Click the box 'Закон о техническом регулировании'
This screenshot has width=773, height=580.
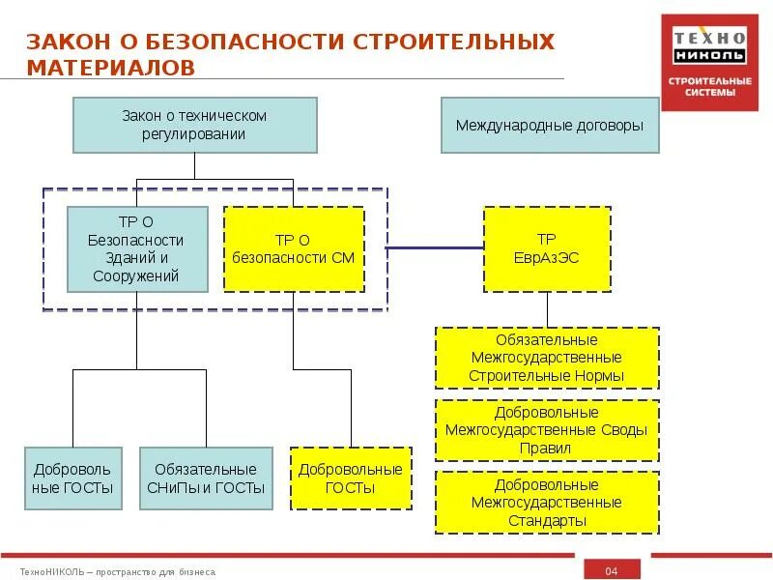click(x=194, y=125)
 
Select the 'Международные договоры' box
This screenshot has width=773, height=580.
click(x=550, y=125)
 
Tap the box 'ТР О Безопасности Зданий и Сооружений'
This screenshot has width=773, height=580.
click(x=136, y=248)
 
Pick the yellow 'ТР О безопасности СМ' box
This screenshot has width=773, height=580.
click(x=294, y=248)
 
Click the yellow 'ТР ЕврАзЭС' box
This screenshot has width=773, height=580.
click(x=547, y=248)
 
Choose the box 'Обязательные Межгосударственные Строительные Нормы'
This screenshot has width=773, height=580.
click(x=547, y=358)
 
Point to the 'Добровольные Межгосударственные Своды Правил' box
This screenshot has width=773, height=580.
click(x=547, y=430)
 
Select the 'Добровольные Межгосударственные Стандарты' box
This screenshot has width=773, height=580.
click(x=547, y=503)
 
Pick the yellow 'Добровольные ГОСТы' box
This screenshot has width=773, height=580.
click(x=351, y=478)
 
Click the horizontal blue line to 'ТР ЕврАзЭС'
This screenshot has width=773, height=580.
click(x=435, y=248)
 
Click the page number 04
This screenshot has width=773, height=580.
click(x=611, y=571)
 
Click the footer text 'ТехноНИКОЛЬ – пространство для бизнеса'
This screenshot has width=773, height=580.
click(x=118, y=572)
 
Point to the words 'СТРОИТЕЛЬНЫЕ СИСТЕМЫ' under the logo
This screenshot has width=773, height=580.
click(x=710, y=87)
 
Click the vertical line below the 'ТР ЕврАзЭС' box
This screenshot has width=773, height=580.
click(x=547, y=309)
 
